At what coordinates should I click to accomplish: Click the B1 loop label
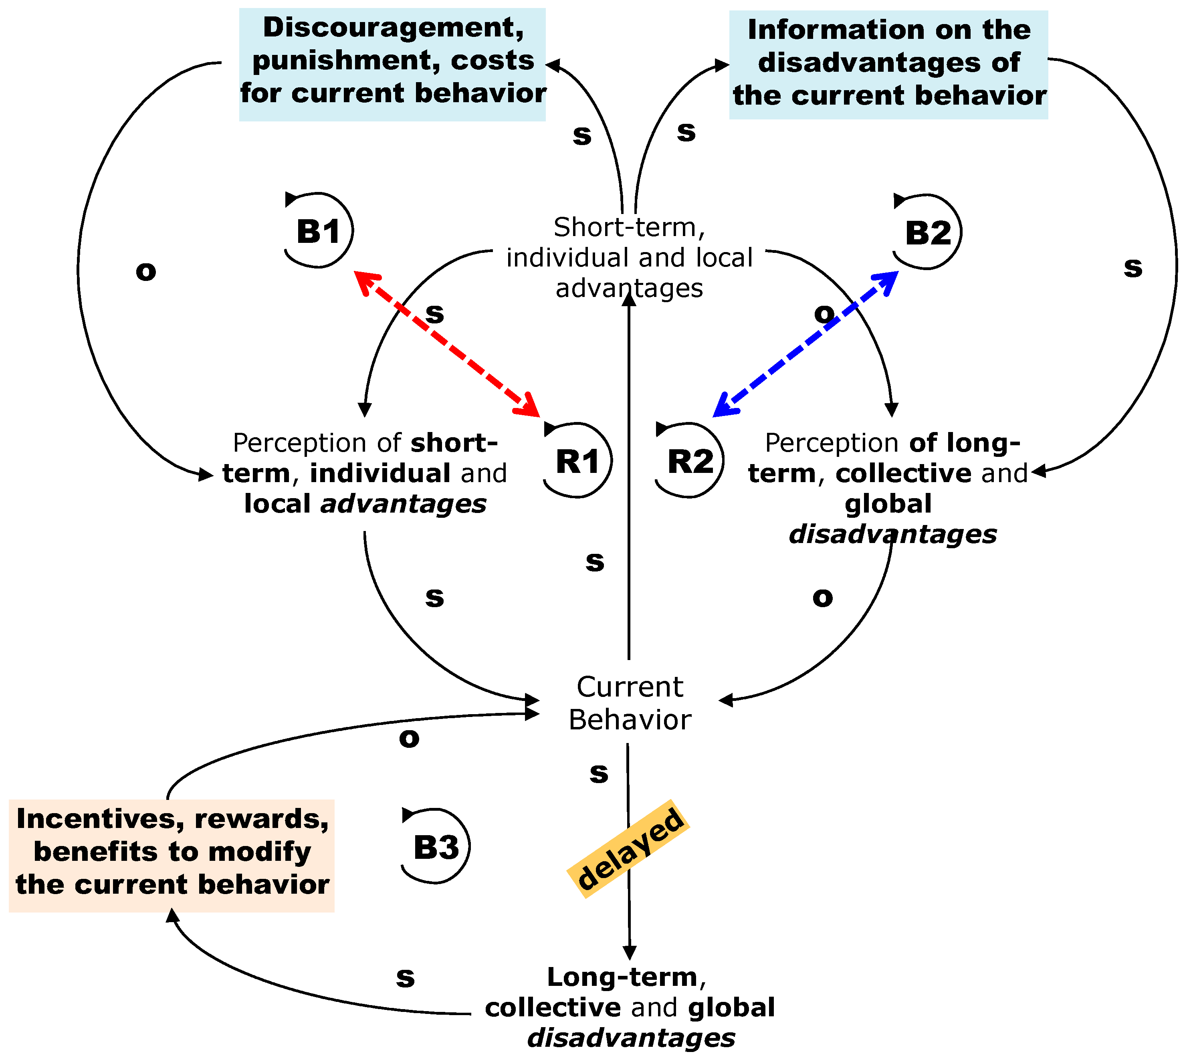click(319, 231)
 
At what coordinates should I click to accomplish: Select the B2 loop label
click(928, 233)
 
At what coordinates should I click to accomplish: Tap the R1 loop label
click(577, 462)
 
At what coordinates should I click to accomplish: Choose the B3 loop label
click(436, 847)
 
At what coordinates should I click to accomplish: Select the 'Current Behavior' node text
click(630, 703)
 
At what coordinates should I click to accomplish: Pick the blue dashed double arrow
click(805, 343)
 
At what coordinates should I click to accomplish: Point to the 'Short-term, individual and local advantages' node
click(630, 258)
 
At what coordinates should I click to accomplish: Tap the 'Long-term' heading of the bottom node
click(622, 977)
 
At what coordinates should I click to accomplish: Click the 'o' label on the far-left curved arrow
click(146, 271)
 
